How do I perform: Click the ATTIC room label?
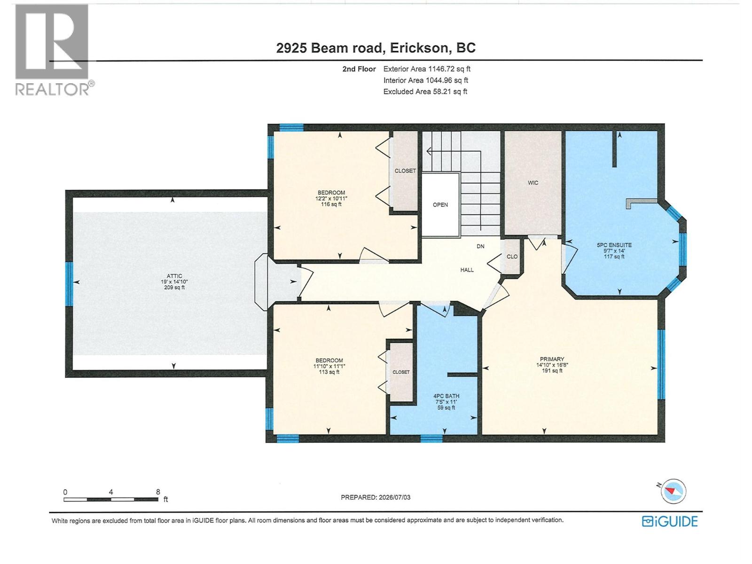[174, 276]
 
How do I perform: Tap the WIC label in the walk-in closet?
[533, 183]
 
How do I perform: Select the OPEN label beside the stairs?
[440, 205]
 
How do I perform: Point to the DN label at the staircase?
[480, 246]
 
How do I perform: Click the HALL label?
[467, 270]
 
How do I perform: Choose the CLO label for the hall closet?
[512, 257]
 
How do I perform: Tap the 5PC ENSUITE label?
[614, 245]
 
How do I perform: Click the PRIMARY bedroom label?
[552, 359]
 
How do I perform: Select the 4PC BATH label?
[446, 396]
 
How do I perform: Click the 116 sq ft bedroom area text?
[331, 204]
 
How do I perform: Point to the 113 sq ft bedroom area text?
[329, 372]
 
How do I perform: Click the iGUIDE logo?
[670, 522]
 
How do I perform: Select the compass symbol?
[673, 491]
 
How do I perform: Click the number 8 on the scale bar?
[158, 492]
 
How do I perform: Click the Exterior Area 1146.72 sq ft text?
[427, 69]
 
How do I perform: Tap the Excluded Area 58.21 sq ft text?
[425, 92]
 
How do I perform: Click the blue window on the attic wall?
[69, 284]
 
